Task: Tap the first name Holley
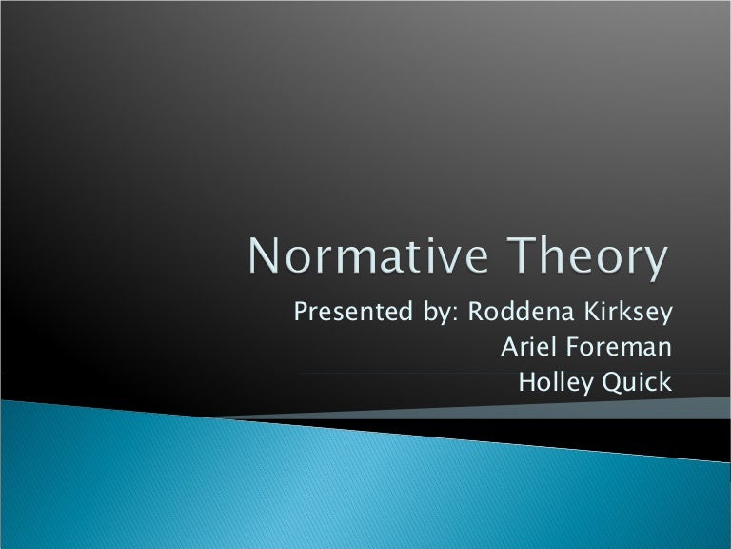tap(552, 382)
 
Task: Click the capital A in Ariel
tap(508, 348)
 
